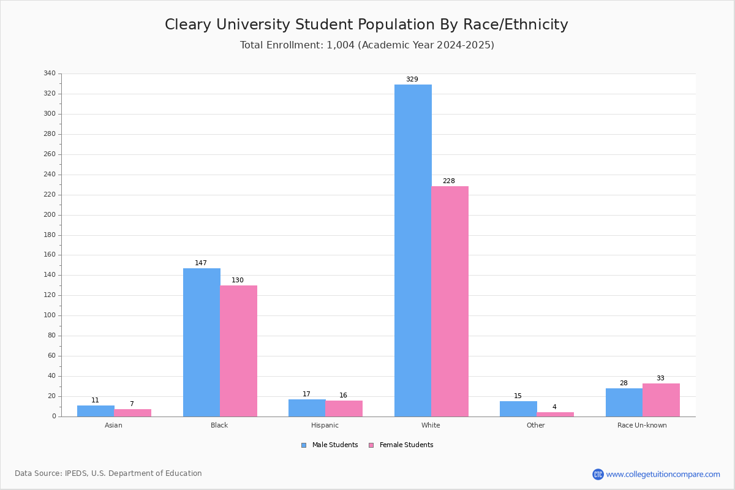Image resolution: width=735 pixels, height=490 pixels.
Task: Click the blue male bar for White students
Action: (413, 251)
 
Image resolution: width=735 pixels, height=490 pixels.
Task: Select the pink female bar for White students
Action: (450, 301)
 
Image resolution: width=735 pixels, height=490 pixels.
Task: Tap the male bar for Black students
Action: (202, 342)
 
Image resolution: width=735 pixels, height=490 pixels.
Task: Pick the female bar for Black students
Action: (238, 351)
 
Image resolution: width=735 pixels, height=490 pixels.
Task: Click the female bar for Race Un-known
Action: (661, 400)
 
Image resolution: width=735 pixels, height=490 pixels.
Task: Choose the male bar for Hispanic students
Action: (307, 408)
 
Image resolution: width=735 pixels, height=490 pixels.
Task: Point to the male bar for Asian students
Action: (96, 411)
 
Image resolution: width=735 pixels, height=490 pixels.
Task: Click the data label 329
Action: (412, 79)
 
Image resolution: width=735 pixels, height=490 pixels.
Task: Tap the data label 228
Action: (449, 181)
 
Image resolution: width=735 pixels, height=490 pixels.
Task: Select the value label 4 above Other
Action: (554, 407)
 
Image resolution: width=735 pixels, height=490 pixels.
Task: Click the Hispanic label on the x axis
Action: (325, 425)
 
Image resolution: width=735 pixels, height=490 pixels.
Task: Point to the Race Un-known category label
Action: (642, 425)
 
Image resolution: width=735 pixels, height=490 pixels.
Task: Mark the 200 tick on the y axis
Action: (50, 215)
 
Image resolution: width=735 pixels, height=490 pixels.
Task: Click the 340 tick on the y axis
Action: (50, 73)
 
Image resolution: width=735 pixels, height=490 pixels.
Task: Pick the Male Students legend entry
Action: (330, 445)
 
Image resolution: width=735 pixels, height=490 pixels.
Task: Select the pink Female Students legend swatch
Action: (371, 445)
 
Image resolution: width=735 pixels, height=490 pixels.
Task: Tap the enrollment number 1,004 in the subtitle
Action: (341, 45)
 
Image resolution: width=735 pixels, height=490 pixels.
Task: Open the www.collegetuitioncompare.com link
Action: (663, 474)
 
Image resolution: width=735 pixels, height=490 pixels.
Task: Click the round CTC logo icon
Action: (598, 474)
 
